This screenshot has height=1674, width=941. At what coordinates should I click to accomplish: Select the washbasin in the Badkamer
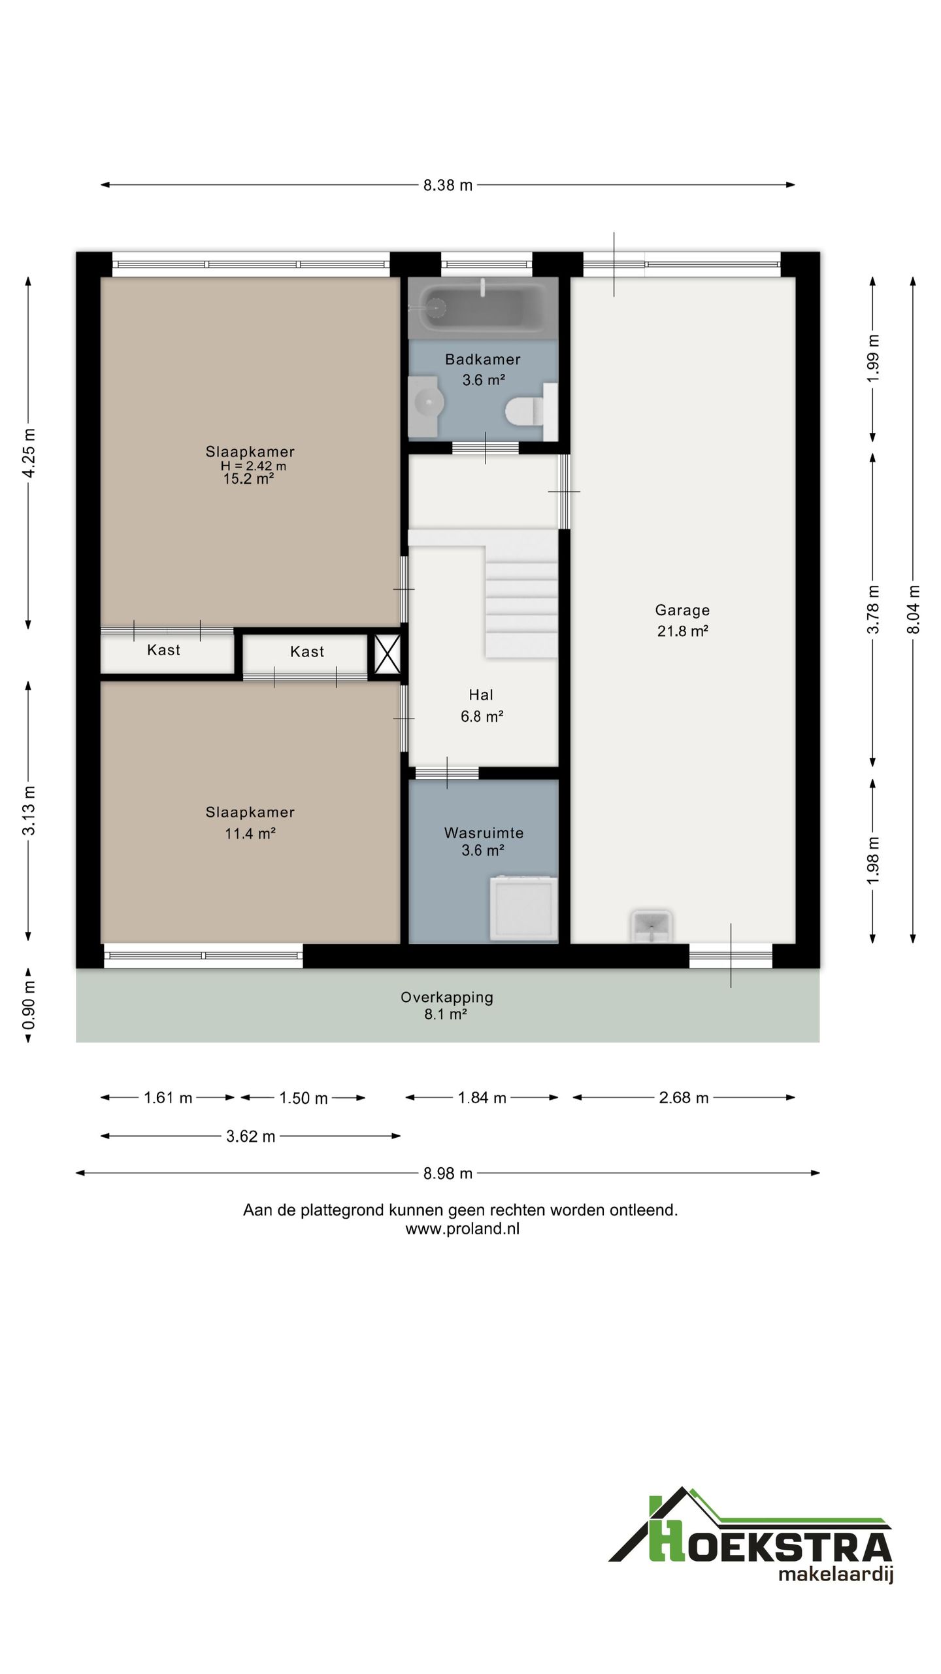(427, 405)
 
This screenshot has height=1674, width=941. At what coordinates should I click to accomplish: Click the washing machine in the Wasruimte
(523, 909)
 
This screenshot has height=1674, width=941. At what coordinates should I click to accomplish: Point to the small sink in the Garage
(651, 927)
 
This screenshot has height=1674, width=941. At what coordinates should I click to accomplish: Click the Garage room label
(682, 610)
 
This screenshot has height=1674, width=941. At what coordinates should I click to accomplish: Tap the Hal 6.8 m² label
(482, 706)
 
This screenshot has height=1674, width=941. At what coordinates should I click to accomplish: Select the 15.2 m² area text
(248, 479)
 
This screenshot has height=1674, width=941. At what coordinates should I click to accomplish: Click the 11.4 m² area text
(250, 834)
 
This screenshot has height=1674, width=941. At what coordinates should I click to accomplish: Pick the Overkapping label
(447, 998)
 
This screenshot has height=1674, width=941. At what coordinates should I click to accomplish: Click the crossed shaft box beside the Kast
(388, 655)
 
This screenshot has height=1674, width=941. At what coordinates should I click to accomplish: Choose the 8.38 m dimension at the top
(448, 185)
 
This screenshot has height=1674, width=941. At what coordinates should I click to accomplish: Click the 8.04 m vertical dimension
(913, 609)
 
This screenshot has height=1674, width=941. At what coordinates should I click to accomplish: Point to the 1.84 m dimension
(482, 1098)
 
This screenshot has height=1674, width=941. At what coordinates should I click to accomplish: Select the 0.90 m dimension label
(29, 1006)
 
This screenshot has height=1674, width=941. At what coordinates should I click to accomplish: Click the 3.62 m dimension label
(251, 1136)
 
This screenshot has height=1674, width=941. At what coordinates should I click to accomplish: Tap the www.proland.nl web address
(463, 1229)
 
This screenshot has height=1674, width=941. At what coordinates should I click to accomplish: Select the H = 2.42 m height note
(254, 466)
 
